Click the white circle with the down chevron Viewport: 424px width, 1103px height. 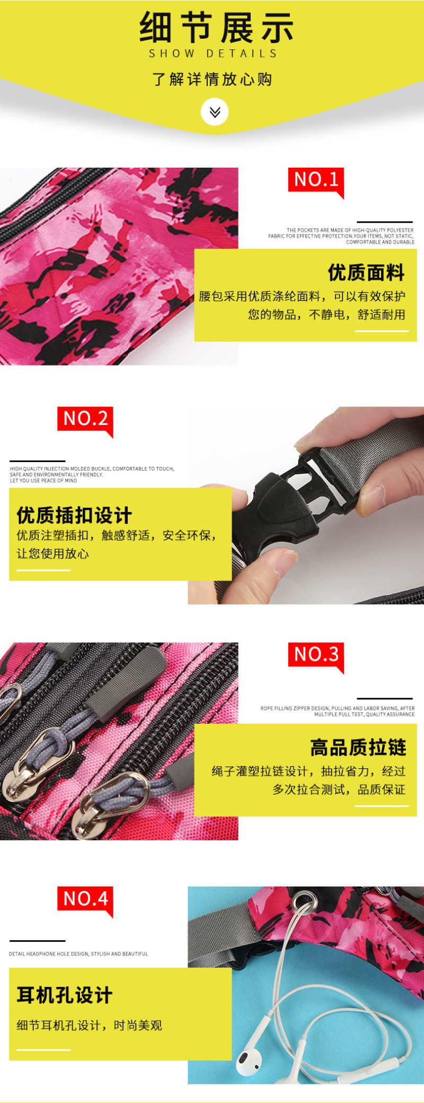215,112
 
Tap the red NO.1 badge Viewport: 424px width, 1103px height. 316,181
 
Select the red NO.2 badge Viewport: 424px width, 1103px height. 85,420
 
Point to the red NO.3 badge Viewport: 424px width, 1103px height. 316,656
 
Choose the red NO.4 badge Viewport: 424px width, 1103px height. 85,900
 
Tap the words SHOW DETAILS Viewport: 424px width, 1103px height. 213,54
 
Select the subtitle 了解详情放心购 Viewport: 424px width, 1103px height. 212,79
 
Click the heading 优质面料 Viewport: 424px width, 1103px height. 366,273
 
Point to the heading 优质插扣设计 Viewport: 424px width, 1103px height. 74,515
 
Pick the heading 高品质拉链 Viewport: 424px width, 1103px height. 358,748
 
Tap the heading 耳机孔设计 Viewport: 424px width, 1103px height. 64,995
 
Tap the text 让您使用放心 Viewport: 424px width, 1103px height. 53,554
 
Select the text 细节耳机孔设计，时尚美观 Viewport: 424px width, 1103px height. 89,1026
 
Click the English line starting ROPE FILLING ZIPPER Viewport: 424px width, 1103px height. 338,711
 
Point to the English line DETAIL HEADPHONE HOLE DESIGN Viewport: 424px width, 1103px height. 78,954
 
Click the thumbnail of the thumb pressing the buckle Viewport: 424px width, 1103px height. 306,506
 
